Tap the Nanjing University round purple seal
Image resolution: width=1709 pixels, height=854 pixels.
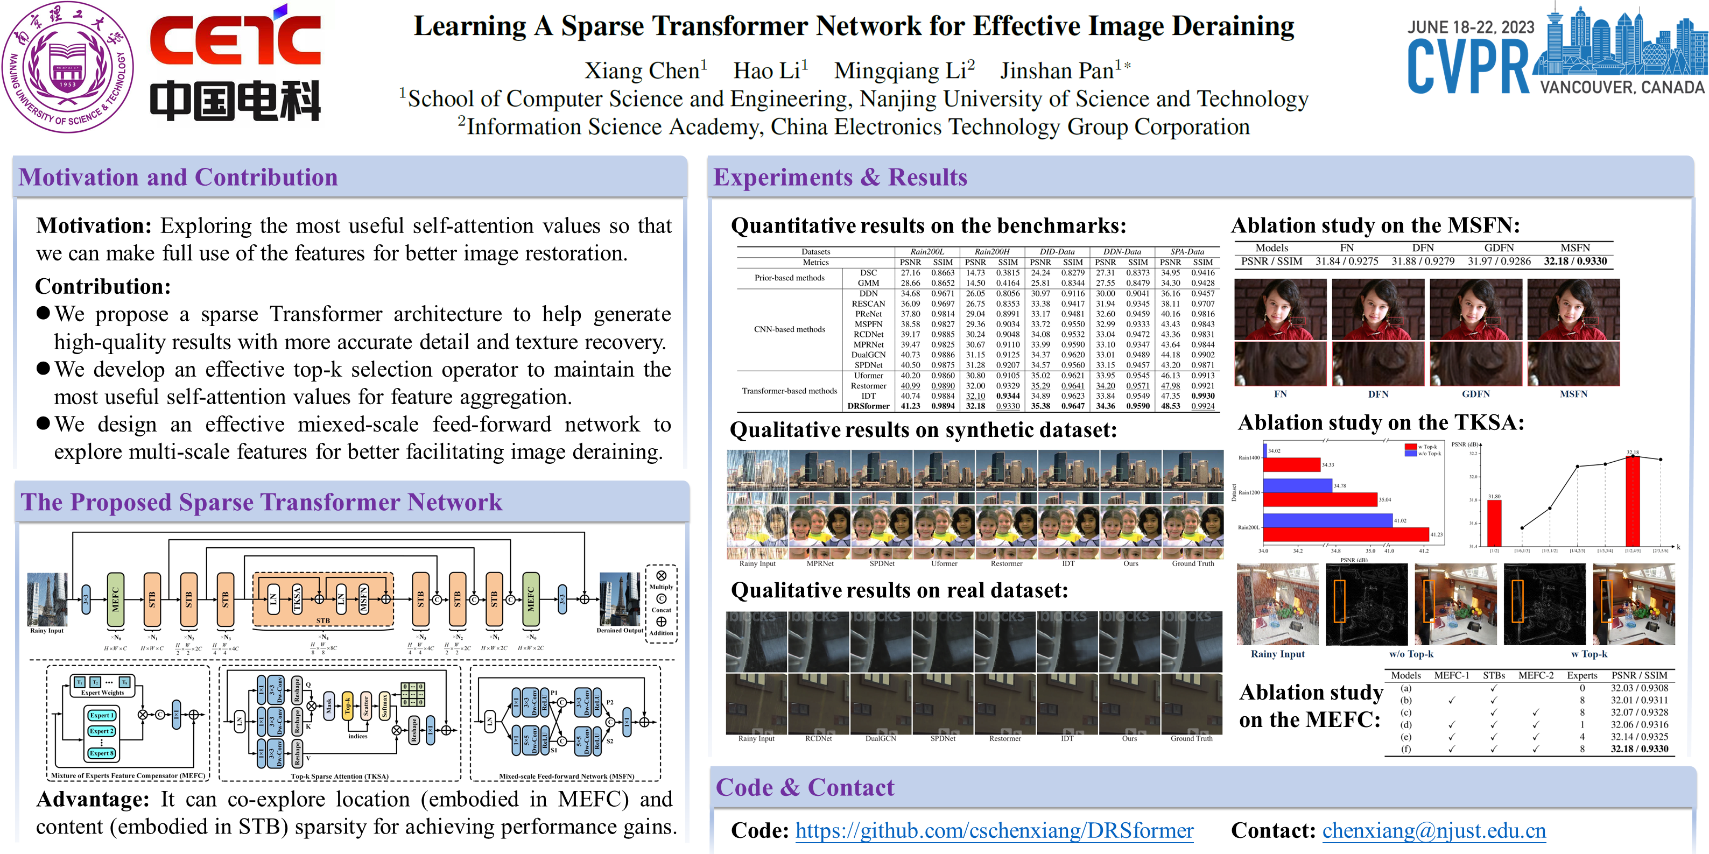pyautogui.click(x=68, y=66)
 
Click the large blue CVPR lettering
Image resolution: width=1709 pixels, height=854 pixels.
pyautogui.click(x=1467, y=66)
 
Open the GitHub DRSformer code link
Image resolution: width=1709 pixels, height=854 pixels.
pyautogui.click(x=994, y=830)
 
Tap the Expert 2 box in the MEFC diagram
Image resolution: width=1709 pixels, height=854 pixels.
pyautogui.click(x=102, y=731)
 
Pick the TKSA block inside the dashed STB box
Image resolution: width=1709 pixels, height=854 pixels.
pyautogui.click(x=297, y=599)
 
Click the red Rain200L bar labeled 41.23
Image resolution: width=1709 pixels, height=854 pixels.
pyautogui.click(x=1346, y=534)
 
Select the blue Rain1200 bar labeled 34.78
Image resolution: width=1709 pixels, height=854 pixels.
pyautogui.click(x=1297, y=486)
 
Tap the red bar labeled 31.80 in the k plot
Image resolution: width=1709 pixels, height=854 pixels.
pyautogui.click(x=1494, y=523)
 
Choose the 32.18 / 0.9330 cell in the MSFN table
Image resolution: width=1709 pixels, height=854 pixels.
pyautogui.click(x=1575, y=261)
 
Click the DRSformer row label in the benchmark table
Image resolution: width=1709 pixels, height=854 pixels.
pyautogui.click(x=868, y=406)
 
